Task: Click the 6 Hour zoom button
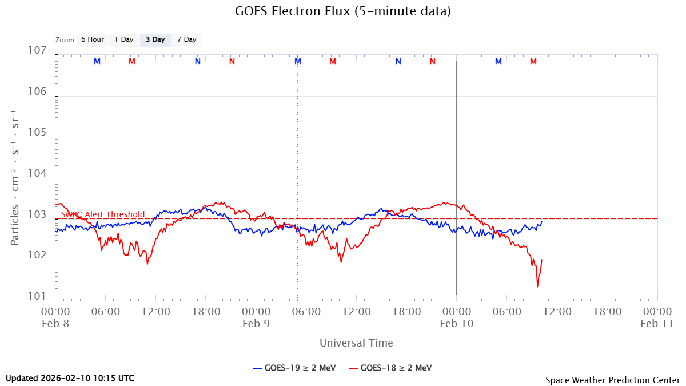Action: (92, 40)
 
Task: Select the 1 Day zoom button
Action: (123, 40)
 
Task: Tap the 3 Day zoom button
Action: (155, 40)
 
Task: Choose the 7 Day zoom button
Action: (186, 40)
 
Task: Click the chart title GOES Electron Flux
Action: (343, 11)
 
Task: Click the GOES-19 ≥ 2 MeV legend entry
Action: (294, 368)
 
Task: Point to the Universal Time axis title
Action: (356, 343)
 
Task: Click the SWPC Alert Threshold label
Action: (103, 214)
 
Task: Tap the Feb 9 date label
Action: (256, 323)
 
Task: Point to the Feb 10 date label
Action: (456, 323)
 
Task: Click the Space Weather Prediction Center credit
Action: (612, 380)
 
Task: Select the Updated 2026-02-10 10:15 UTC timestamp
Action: (70, 378)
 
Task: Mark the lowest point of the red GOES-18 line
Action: (537, 286)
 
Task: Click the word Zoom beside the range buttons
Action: (65, 40)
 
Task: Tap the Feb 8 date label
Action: (55, 323)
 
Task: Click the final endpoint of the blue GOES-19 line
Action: (541, 222)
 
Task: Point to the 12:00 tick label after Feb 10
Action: (557, 312)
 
